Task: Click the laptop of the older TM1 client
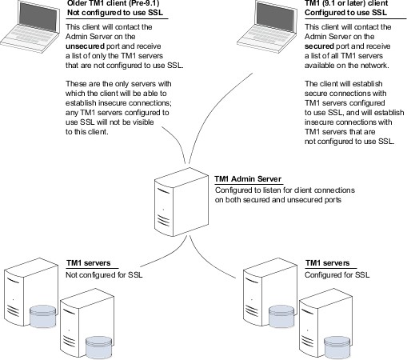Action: (30, 26)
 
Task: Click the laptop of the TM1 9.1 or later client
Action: (267, 26)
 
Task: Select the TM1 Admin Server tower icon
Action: (182, 202)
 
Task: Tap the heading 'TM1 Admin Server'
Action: (248, 179)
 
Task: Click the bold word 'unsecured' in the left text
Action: (85, 46)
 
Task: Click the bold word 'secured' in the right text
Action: (319, 46)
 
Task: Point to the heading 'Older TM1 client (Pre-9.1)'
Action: (114, 3)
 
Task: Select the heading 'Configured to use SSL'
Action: (345, 13)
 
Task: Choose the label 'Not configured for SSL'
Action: (104, 274)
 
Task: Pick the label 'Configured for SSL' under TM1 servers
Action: (337, 274)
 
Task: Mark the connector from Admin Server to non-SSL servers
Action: (168, 256)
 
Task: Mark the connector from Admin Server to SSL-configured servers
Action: (206, 262)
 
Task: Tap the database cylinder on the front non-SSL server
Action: (98, 346)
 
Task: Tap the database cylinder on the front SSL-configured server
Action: (337, 346)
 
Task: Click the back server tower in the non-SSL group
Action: (31, 291)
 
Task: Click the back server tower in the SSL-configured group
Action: (270, 291)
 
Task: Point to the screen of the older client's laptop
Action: (39, 17)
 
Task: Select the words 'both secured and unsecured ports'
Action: (283, 200)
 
